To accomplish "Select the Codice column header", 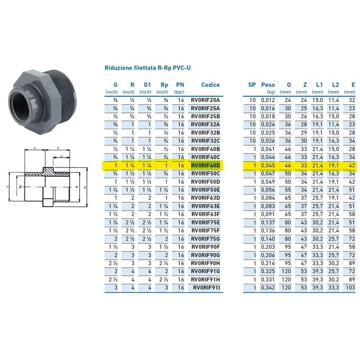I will [x=210, y=84].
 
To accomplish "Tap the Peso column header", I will [x=268, y=84].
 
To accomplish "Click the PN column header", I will [x=180, y=84].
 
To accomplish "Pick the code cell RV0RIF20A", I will [x=206, y=99].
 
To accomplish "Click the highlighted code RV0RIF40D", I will [x=206, y=166].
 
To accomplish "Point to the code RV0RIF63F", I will [x=206, y=214].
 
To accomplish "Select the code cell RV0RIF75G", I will [x=206, y=238].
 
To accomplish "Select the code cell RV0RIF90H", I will [x=206, y=263].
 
